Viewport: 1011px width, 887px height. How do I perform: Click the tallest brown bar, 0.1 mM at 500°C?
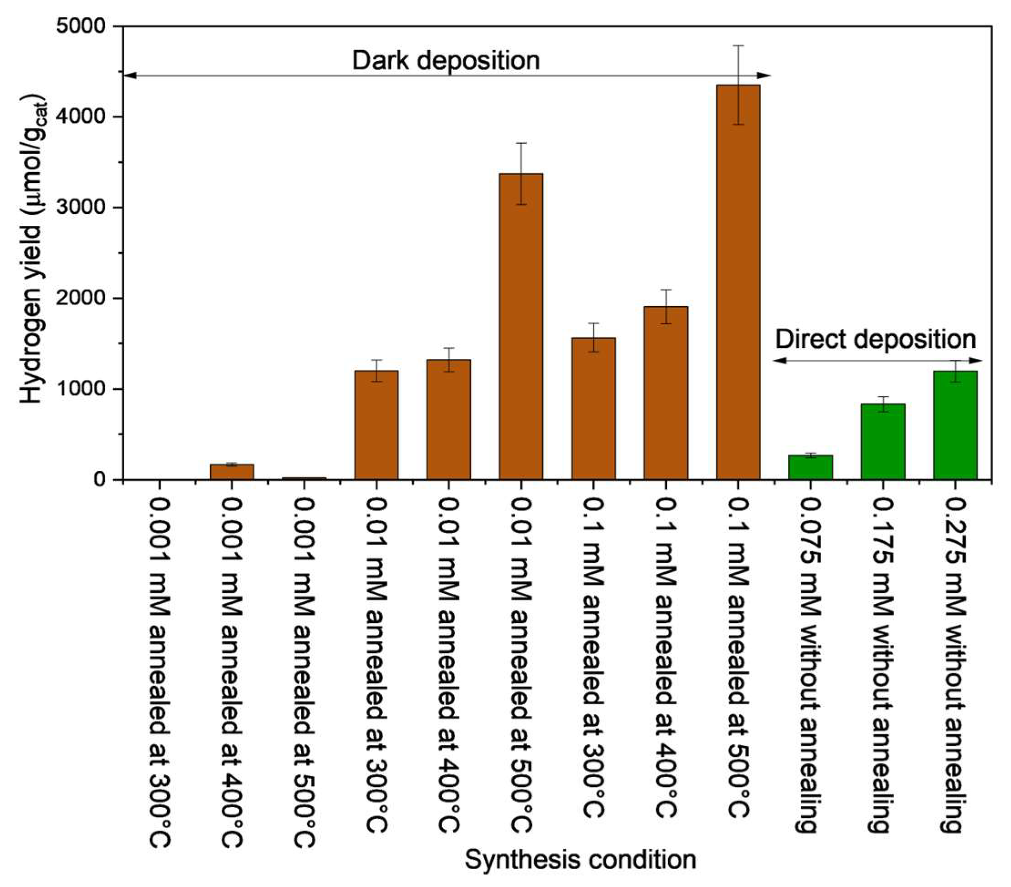click(x=737, y=282)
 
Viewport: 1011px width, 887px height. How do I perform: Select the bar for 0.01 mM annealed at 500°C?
click(x=520, y=326)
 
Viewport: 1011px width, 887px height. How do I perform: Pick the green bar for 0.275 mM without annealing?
click(x=955, y=425)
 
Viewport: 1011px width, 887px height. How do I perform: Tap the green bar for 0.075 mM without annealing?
click(x=810, y=468)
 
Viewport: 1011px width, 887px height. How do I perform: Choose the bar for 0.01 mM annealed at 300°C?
click(x=376, y=425)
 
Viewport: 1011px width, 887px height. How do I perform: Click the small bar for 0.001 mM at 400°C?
click(x=232, y=471)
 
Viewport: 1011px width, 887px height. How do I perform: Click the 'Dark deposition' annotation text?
click(x=445, y=61)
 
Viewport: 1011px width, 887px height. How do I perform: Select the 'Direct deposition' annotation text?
click(x=875, y=339)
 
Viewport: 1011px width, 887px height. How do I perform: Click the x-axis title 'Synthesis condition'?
click(x=579, y=859)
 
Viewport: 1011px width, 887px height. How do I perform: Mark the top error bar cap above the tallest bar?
click(x=738, y=46)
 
